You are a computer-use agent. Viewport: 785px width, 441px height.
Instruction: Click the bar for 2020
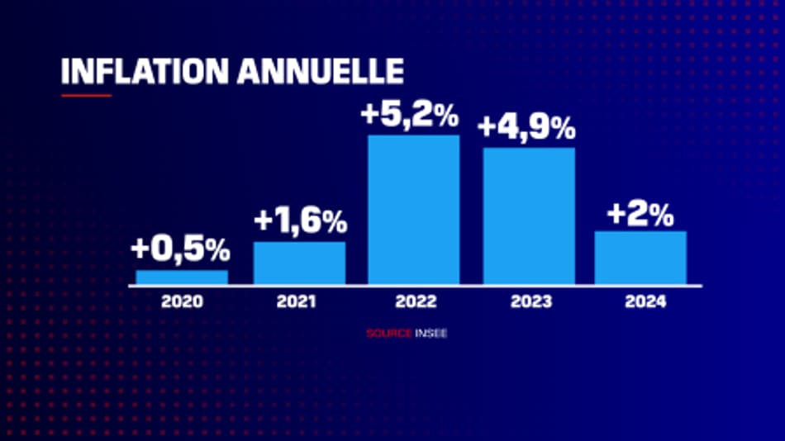click(x=182, y=277)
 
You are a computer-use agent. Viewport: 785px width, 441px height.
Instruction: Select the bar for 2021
click(x=299, y=263)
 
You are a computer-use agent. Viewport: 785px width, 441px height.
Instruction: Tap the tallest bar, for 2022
click(x=413, y=210)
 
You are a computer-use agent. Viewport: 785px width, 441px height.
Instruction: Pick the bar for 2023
click(x=529, y=216)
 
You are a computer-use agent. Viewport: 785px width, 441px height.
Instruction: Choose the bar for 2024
click(x=640, y=258)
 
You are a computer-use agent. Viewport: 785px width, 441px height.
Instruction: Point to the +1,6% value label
click(x=300, y=221)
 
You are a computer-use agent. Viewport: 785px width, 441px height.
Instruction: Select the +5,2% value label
click(x=410, y=115)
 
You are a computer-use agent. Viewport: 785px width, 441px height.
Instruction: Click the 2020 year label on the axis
click(x=182, y=302)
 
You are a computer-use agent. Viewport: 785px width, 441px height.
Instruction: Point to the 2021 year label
click(x=297, y=302)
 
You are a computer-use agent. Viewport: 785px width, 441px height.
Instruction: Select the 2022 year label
click(x=413, y=302)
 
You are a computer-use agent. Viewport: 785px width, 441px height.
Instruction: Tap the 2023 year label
click(x=530, y=302)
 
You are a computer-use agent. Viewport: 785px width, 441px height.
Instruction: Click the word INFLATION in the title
click(x=145, y=71)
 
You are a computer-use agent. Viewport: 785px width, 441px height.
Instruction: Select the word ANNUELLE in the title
click(x=321, y=71)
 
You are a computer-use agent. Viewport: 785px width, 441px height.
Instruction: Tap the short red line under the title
click(x=86, y=95)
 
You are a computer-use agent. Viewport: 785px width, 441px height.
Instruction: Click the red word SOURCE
click(x=388, y=334)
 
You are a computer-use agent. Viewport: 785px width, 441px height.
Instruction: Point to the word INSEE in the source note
click(x=431, y=334)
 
